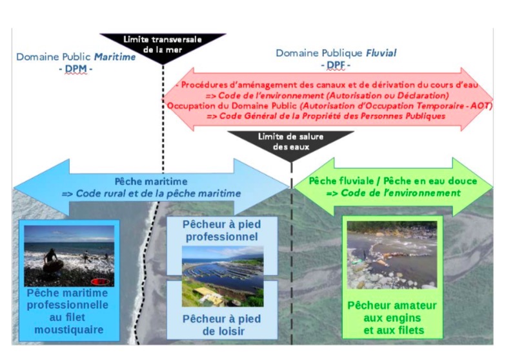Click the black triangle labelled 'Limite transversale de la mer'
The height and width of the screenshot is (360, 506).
pyautogui.click(x=163, y=46)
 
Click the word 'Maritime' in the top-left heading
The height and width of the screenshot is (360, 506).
pyautogui.click(x=116, y=57)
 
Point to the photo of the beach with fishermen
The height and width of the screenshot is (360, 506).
pyautogui.click(x=69, y=255)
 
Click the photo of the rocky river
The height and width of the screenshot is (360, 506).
pyautogui.click(x=392, y=255)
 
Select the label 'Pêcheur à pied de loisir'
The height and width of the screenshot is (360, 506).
pyautogui.click(x=221, y=325)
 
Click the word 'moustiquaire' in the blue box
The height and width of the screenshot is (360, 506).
pyautogui.click(x=69, y=332)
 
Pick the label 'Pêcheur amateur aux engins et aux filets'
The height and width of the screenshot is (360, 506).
pyautogui.click(x=392, y=319)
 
